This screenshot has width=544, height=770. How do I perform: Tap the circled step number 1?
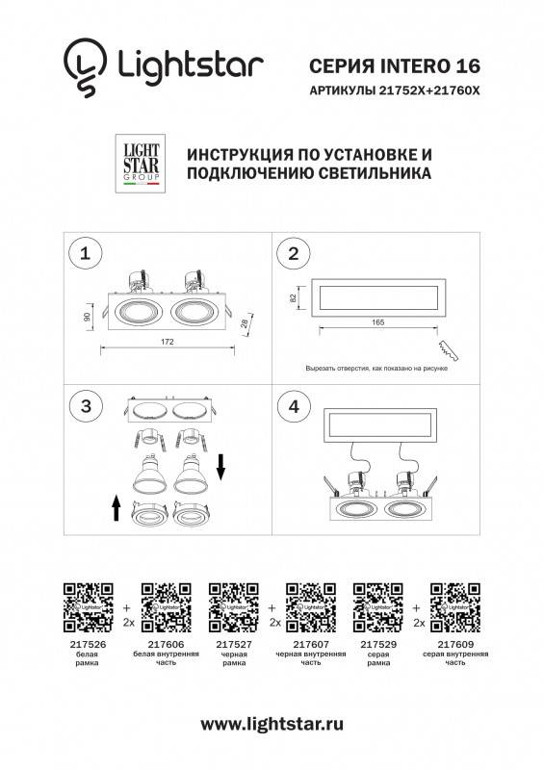coord(87,254)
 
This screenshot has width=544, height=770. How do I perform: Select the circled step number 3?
coord(87,406)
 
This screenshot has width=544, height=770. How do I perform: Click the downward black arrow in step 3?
coord(221,468)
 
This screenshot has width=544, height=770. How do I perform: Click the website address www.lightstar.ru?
coord(272,722)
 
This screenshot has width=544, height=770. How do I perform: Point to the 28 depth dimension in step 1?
coord(247,325)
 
